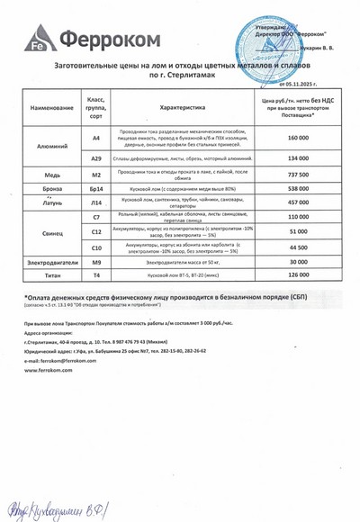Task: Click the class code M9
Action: click(x=96, y=262)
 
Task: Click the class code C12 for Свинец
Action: click(x=96, y=231)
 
